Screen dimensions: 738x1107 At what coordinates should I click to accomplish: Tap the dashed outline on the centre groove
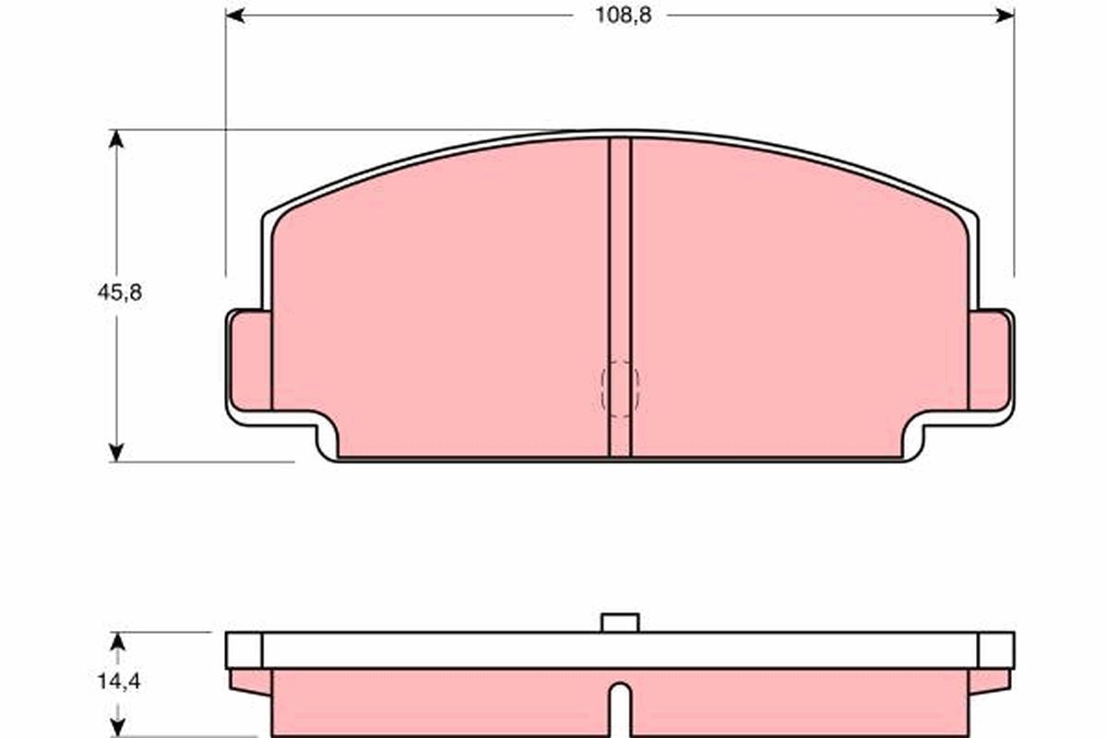click(620, 388)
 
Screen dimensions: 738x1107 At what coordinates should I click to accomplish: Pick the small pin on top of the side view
click(620, 623)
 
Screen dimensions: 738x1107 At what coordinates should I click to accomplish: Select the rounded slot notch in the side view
click(620, 706)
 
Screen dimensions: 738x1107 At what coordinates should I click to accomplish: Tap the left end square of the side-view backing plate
click(244, 650)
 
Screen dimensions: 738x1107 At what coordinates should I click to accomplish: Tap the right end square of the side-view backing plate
click(995, 650)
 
